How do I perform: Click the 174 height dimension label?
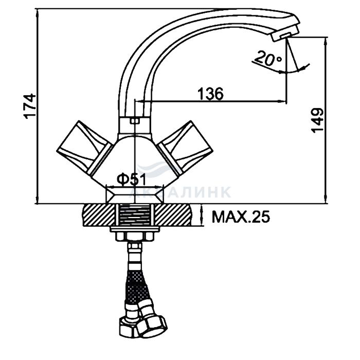(30, 106)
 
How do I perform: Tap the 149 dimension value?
(317, 120)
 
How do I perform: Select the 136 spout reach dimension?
(210, 94)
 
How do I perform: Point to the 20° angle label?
(268, 59)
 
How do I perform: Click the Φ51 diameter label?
(131, 179)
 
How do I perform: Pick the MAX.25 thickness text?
(241, 217)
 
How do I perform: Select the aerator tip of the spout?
(285, 33)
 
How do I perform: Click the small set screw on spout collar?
(135, 121)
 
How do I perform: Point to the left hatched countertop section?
(98, 215)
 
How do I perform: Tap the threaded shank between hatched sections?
(135, 215)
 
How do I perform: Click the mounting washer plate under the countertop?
(135, 229)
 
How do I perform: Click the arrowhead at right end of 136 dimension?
(282, 101)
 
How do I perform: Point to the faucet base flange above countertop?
(135, 195)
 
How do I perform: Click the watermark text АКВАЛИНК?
(179, 192)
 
